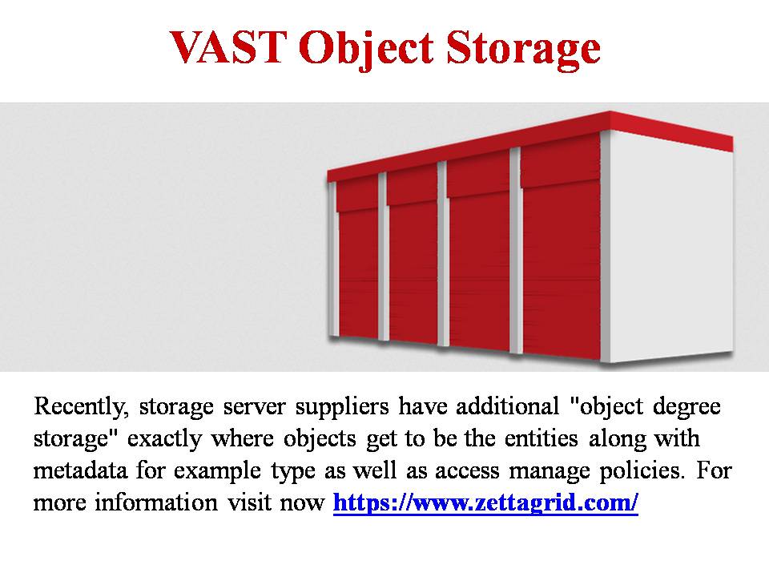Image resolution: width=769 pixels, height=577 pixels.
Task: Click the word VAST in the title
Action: click(228, 47)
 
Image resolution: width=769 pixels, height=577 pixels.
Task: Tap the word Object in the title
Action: click(366, 50)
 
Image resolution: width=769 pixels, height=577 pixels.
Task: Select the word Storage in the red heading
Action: click(523, 50)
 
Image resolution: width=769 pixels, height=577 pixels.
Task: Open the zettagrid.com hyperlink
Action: click(485, 502)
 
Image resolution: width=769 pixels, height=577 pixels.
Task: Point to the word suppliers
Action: click(342, 407)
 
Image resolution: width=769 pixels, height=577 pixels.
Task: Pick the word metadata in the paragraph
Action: click(80, 470)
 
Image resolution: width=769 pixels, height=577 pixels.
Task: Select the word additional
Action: click(508, 406)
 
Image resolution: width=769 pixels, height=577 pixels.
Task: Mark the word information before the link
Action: click(156, 502)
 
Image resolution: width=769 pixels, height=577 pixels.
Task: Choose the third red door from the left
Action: click(479, 256)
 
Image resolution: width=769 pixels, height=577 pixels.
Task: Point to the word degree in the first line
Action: click(686, 407)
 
